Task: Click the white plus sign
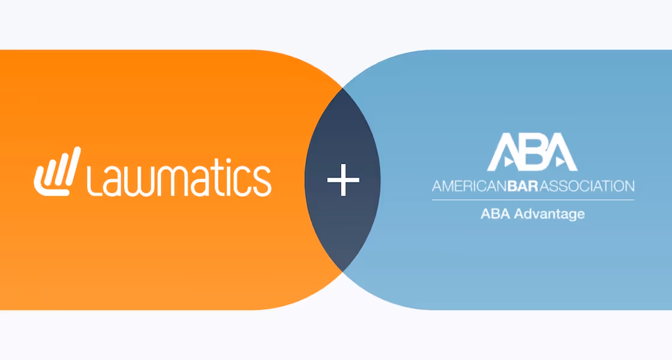[343, 179]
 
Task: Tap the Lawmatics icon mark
[57, 172]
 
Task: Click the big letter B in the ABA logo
[532, 151]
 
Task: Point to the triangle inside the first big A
[508, 161]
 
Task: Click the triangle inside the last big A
[559, 161]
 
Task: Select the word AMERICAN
[469, 186]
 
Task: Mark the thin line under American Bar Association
[533, 199]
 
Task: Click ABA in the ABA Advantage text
[493, 213]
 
